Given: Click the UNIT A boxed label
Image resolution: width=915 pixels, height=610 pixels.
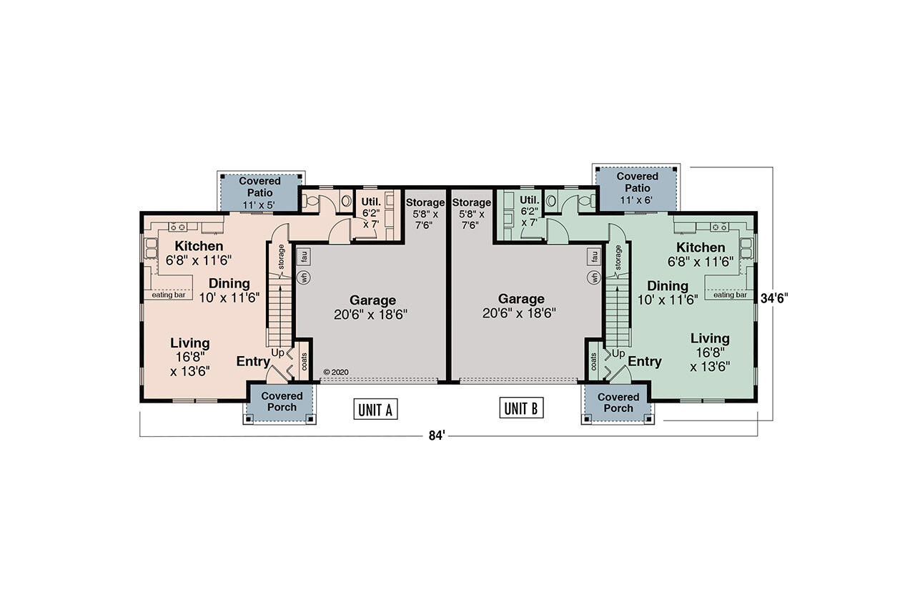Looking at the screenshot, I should point(375,409).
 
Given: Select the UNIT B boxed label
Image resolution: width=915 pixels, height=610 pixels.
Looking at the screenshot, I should point(520,408).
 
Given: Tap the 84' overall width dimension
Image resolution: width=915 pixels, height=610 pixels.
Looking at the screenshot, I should point(437,436).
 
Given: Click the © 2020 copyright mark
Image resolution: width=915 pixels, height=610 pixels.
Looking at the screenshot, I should point(336,372).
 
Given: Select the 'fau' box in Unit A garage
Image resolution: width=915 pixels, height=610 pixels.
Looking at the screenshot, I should point(303,255).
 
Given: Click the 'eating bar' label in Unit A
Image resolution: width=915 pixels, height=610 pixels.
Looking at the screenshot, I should point(169,294).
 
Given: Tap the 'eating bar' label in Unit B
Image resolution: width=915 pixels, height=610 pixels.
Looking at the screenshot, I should point(729,294).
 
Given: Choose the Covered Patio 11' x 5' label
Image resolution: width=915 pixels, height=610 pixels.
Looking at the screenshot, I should point(260,192).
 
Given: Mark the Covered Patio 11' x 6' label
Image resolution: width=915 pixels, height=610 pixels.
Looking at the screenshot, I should point(637,187).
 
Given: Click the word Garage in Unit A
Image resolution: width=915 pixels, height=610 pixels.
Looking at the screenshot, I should point(372,300).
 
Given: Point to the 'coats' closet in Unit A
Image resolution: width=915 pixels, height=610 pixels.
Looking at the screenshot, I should point(304,361).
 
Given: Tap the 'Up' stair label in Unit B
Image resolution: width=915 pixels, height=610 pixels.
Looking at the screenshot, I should point(618,354).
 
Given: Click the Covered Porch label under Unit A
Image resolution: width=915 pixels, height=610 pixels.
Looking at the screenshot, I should point(282,401).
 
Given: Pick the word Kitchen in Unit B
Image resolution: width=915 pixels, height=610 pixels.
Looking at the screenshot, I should point(701,247).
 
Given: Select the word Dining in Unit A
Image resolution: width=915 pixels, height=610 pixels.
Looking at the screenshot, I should point(229,283).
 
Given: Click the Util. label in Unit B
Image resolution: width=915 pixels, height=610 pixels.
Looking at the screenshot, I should point(530,200).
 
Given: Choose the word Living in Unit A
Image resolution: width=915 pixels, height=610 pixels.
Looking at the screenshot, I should point(189,343).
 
